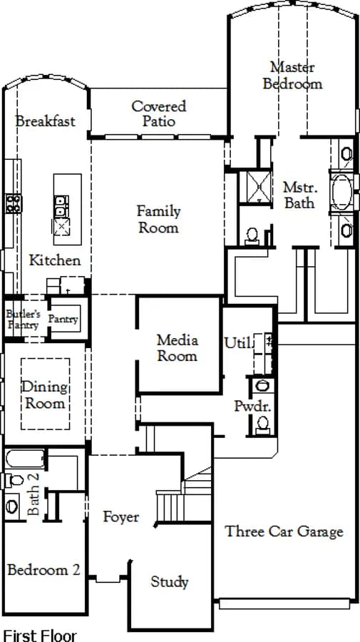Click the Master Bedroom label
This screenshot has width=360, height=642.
pyautogui.click(x=292, y=76)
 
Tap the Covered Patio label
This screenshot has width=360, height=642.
pyautogui.click(x=159, y=113)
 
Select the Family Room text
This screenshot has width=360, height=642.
pyautogui.click(x=159, y=220)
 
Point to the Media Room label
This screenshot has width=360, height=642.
pyautogui.click(x=178, y=347)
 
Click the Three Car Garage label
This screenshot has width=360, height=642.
pyautogui.click(x=284, y=531)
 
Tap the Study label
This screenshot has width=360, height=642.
pyautogui.click(x=170, y=582)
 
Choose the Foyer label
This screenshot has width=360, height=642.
pyautogui.click(x=121, y=516)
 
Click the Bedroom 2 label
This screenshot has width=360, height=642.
pyautogui.click(x=43, y=569)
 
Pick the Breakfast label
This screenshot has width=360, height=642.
pyautogui.click(x=46, y=121)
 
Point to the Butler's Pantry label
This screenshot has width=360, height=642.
pyautogui.click(x=23, y=320)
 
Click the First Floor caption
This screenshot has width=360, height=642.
pyautogui.click(x=40, y=636)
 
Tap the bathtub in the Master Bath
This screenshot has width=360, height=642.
pyautogui.click(x=342, y=192)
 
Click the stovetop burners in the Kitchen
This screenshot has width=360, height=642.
pyautogui.click(x=14, y=204)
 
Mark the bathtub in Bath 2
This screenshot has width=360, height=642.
pyautogui.click(x=25, y=459)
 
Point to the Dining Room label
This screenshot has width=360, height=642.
pyautogui.click(x=45, y=394)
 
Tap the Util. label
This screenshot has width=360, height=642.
pyautogui.click(x=237, y=343)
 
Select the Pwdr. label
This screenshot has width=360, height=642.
pyautogui.click(x=247, y=406)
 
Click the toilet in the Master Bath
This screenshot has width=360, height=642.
pyautogui.click(x=252, y=236)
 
